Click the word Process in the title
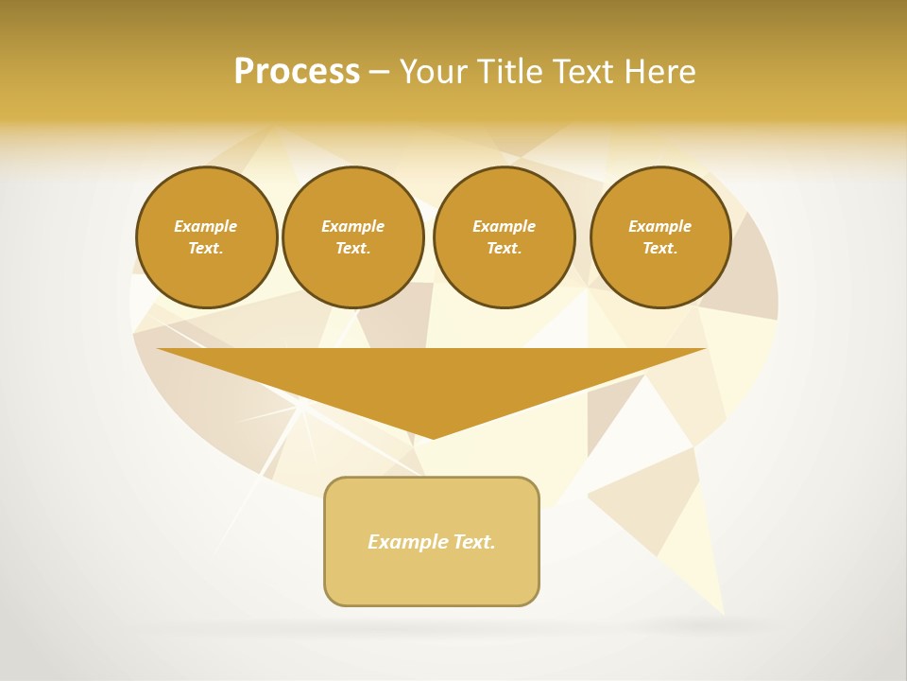click(x=297, y=72)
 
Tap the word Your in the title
click(x=436, y=72)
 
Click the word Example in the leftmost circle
click(x=206, y=226)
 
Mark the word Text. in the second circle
click(x=352, y=249)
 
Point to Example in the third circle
click(x=504, y=226)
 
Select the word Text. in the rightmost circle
click(x=659, y=249)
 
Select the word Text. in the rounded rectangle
click(x=474, y=542)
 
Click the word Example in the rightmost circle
click(x=659, y=226)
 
